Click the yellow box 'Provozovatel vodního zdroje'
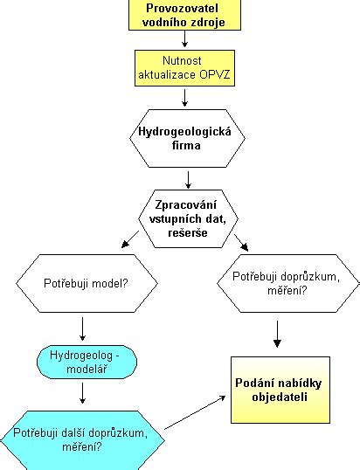[184, 15]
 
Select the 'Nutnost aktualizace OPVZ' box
[184, 68]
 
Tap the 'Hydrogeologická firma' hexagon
[187, 138]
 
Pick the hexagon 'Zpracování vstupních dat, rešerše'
[188, 218]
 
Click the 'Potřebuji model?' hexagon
[87, 283]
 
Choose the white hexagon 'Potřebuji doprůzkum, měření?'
[288, 283]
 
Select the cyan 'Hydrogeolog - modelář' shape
[87, 362]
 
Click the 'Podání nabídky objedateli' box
[280, 390]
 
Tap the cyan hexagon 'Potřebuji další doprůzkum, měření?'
[82, 440]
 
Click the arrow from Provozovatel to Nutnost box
[184, 38]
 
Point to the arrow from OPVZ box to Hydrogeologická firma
[184, 98]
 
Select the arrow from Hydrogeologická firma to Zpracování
[188, 180]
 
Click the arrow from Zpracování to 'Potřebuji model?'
[130, 239]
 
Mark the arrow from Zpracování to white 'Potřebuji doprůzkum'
[241, 243]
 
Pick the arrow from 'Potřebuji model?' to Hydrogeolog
[82, 329]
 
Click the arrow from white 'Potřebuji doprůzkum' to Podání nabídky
[277, 334]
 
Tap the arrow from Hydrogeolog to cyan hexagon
[82, 393]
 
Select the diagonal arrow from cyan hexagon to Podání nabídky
[195, 412]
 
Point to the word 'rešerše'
[188, 233]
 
